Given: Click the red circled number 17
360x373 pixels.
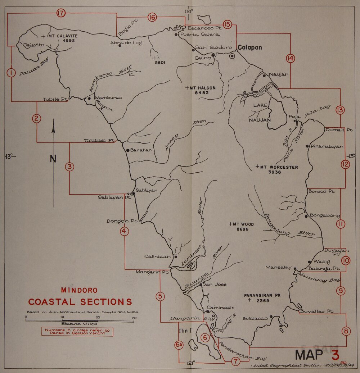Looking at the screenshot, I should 61,13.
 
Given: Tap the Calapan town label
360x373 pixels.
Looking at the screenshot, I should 249,47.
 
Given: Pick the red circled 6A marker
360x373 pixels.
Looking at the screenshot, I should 179,345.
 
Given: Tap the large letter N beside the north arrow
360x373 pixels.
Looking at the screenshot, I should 53,159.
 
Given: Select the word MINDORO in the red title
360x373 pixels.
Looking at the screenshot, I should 79,290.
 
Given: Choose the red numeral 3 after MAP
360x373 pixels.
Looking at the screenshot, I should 336,355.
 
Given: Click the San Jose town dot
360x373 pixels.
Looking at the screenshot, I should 201,284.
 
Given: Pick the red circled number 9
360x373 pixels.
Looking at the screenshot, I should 341,291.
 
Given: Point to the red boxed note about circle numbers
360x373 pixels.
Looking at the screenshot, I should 77,331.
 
